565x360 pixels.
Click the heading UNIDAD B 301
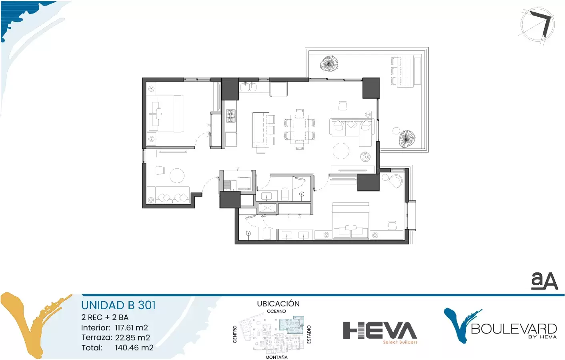click(118, 305)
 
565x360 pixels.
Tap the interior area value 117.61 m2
click(131, 328)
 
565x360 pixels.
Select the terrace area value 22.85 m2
click(133, 338)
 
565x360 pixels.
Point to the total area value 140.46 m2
click(134, 348)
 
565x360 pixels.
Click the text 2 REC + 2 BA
click(105, 317)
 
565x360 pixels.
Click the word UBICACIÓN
click(278, 304)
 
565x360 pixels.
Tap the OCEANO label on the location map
click(276, 311)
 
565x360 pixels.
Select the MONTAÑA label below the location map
click(276, 357)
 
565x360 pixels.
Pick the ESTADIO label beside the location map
click(309, 334)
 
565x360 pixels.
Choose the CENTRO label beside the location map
click(235, 334)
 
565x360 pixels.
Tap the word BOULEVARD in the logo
click(514, 329)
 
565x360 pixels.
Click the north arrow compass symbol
click(537, 25)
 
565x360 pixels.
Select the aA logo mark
click(544, 281)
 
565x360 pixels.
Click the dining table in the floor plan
click(299, 129)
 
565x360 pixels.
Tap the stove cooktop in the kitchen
click(230, 116)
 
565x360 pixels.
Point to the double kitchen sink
click(248, 87)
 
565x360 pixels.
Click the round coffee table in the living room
click(341, 151)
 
